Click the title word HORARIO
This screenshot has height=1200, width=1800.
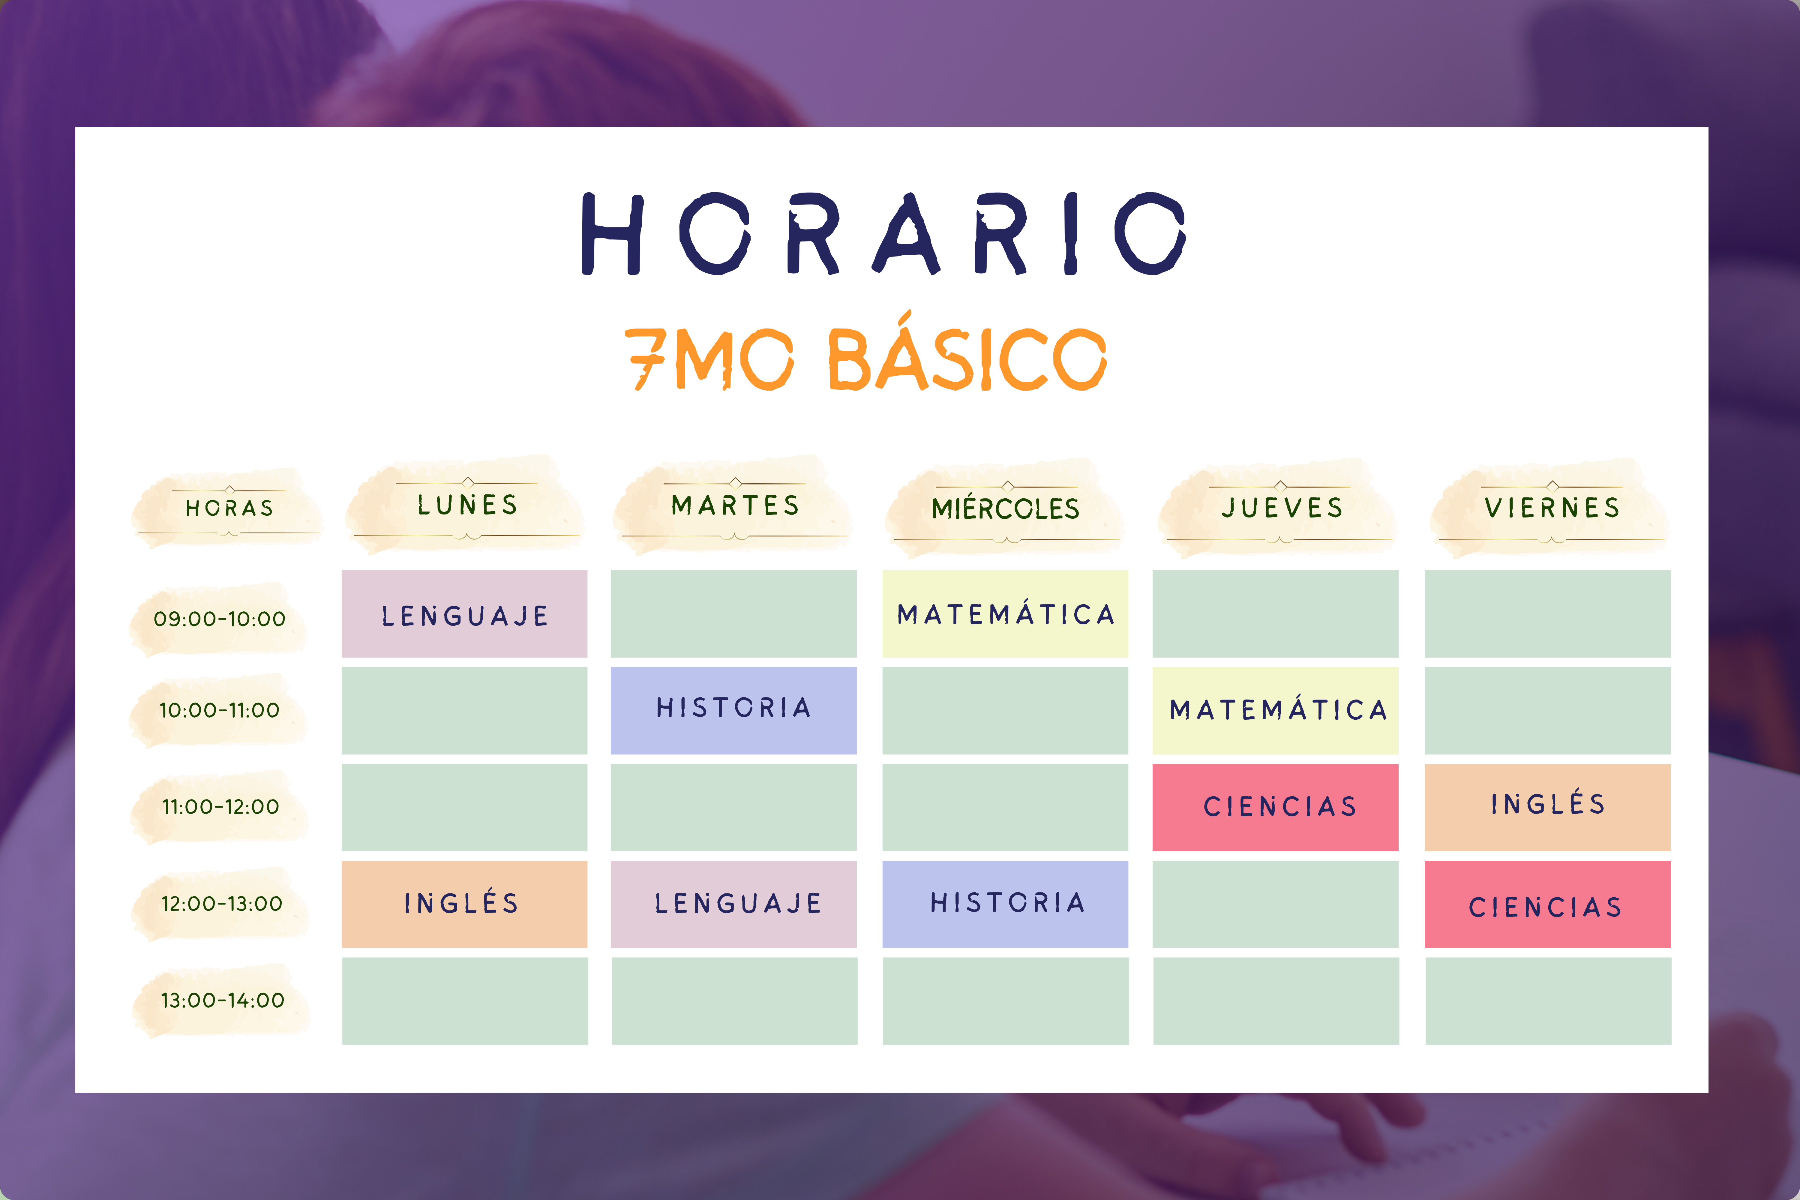[884, 233]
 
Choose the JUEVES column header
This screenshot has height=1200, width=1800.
[1282, 507]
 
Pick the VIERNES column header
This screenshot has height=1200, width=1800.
[1552, 507]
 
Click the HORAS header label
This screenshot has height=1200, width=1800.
[229, 508]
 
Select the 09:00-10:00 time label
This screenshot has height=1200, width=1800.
[220, 618]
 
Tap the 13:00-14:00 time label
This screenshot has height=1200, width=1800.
[222, 1000]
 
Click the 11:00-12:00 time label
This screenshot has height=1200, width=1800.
[220, 807]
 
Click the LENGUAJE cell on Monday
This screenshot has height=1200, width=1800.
[464, 614]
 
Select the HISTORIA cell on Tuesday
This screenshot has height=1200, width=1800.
[733, 710]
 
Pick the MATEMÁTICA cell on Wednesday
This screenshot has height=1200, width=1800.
[1005, 614]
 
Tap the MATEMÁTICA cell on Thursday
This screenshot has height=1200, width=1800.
[1275, 710]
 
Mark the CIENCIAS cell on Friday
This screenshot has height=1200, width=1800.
[1547, 904]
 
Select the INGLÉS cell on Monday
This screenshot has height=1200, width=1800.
[464, 904]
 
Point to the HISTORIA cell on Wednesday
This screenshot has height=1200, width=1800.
[1005, 904]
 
